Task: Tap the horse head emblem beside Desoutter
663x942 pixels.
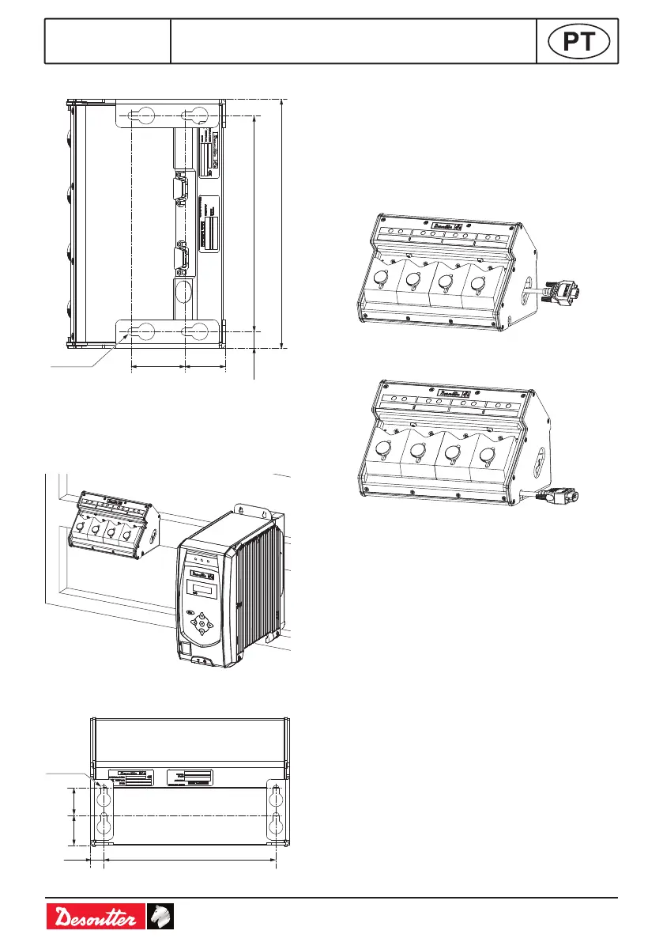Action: click(x=160, y=917)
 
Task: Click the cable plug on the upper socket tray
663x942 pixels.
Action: click(x=563, y=292)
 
